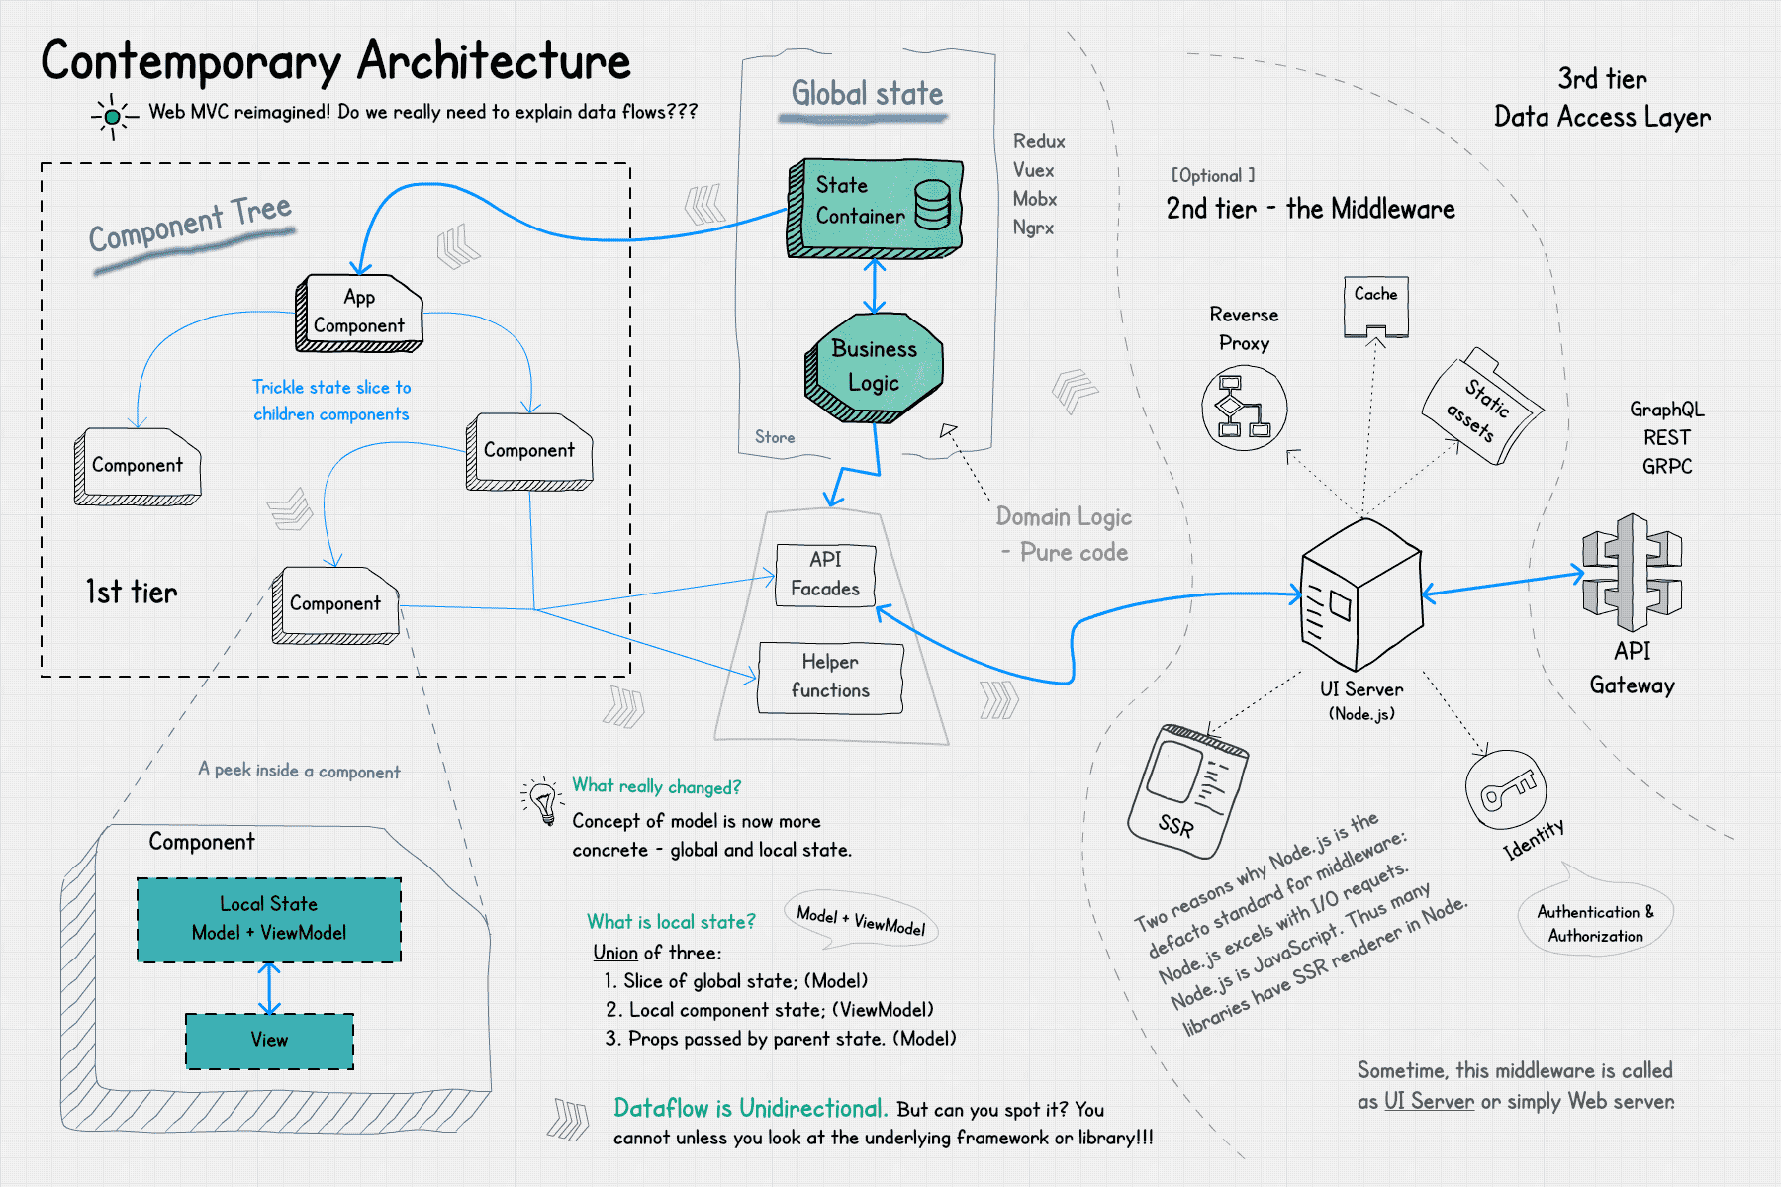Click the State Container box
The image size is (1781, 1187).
tap(875, 207)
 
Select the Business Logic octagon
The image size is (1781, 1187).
tap(875, 367)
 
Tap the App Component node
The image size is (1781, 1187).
tap(359, 313)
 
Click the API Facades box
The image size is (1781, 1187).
tap(825, 575)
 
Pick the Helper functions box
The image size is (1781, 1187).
tap(830, 678)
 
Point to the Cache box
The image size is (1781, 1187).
tap(1375, 306)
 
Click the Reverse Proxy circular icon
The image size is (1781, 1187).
tap(1244, 408)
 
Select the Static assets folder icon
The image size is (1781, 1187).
tap(1480, 406)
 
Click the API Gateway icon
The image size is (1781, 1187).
tap(1632, 573)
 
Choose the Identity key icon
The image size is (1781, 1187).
tap(1505, 788)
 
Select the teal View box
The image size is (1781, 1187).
tap(269, 1041)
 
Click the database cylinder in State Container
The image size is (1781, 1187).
tap(932, 205)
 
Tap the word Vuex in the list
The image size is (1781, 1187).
tap(1033, 170)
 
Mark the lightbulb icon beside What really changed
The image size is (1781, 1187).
tap(543, 800)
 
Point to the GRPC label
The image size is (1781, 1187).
tap(1667, 466)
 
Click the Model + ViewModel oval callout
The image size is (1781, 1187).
tap(861, 920)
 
